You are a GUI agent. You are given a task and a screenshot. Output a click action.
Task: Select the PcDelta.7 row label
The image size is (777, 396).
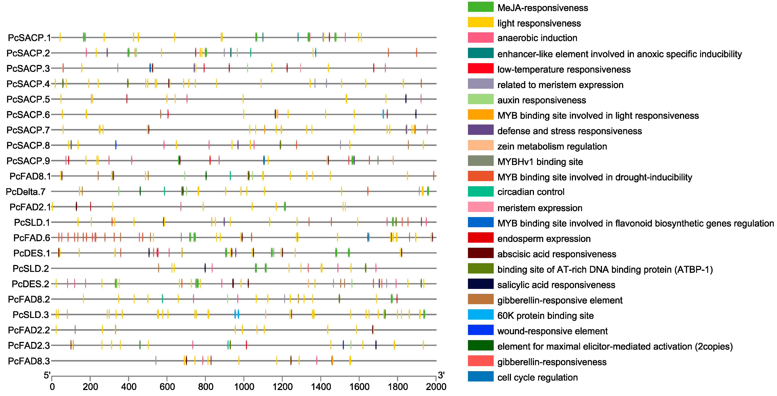click(26, 192)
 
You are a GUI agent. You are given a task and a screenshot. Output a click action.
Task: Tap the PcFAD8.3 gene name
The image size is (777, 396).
click(29, 361)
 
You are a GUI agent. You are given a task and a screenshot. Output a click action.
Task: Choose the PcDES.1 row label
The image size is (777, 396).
click(31, 253)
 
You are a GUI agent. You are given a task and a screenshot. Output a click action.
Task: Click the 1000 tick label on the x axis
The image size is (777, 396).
click(244, 387)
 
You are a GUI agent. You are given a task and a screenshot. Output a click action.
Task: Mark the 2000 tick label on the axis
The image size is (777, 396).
click(436, 387)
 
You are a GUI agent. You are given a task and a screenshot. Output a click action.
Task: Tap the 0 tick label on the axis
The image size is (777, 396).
click(52, 387)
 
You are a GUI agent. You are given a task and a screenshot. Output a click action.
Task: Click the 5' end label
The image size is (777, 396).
click(47, 375)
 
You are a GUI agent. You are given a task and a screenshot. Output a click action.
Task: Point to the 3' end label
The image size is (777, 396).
click(441, 375)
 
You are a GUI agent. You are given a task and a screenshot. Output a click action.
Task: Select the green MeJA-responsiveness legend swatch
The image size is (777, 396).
click(480, 7)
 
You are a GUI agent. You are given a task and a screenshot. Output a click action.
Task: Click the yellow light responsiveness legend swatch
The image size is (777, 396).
click(480, 22)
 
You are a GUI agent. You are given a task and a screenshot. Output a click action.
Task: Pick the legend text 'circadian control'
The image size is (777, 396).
click(531, 192)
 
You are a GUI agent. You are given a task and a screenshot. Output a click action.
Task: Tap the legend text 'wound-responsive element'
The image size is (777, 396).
click(552, 331)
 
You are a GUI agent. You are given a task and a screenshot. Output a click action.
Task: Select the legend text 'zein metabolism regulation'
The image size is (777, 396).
click(552, 146)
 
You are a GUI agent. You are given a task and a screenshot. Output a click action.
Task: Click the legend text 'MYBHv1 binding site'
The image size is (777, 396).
click(540, 162)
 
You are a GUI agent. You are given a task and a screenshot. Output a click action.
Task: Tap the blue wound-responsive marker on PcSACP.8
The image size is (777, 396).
click(116, 145)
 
